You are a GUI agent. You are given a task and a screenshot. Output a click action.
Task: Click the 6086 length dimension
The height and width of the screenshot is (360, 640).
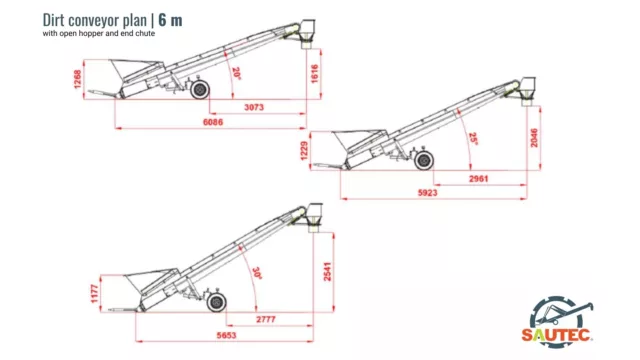point(213,122)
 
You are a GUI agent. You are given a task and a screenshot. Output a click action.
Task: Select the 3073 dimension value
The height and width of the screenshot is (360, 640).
point(254,107)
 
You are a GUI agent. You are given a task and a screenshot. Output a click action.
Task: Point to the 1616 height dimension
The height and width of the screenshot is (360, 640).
point(315,73)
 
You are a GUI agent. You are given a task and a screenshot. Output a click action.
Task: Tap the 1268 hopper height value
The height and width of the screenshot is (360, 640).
point(78,79)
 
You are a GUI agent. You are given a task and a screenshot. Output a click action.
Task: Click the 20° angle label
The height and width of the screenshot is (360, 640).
point(236,73)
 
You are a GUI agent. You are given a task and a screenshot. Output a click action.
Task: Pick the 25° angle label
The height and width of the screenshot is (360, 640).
point(473,139)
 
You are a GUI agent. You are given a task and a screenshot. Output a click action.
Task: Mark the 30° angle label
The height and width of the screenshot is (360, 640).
point(257,273)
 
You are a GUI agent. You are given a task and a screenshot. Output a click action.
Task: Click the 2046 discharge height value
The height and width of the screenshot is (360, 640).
point(534,138)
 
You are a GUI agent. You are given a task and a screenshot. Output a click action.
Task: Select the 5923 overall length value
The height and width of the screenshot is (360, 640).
point(427,193)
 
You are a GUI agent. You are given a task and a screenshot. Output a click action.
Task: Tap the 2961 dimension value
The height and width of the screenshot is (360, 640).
point(478,179)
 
